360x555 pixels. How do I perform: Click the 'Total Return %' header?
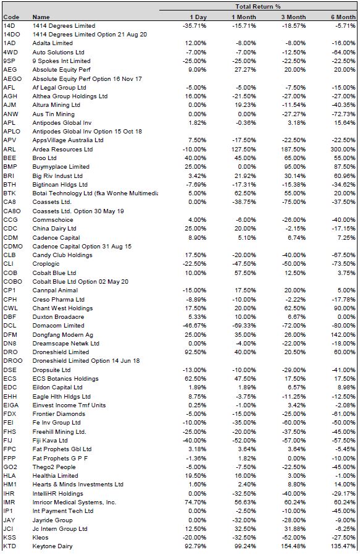pos(257,7)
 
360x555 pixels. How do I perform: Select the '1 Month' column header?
pos(244,17)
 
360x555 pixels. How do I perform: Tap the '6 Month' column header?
pos(343,17)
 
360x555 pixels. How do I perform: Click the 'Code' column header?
pos(11,17)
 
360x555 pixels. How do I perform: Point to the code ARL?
pos(9,150)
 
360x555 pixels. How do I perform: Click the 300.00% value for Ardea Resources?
pos(343,150)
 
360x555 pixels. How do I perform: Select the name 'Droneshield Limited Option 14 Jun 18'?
pos(86,361)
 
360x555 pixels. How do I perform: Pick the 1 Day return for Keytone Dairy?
pos(195,546)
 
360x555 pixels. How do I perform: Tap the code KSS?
pos(9,537)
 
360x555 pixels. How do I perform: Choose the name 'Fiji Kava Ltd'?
pos(50,440)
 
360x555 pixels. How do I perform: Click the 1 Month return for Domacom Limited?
pos(245,326)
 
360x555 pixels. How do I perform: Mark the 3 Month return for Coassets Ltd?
pos(294,202)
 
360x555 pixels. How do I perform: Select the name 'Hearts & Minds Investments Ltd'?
pos(78,484)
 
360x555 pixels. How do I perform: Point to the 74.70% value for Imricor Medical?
pos(195,502)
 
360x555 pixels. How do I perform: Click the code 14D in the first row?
pos(9,26)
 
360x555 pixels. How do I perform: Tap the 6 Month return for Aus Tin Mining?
pos(343,114)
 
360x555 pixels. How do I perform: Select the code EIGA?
pos(11,405)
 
